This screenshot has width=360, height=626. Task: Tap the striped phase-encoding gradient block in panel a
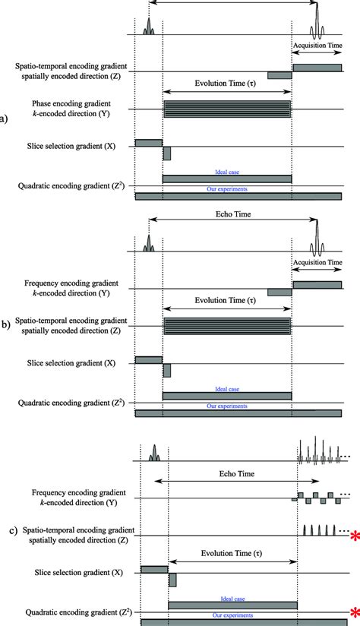(x=227, y=109)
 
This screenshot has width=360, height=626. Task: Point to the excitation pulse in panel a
(x=148, y=30)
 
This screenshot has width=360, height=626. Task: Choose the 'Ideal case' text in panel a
(x=227, y=172)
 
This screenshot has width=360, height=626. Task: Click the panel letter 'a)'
(x=5, y=119)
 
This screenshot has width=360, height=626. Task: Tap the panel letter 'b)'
(x=5, y=324)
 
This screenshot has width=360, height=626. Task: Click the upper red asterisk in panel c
(x=354, y=537)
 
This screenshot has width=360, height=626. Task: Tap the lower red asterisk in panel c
(x=354, y=612)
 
